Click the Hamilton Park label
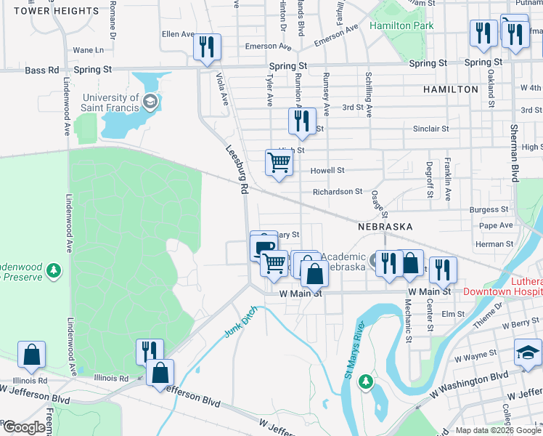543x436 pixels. point(401,25)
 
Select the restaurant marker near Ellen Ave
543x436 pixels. point(207,48)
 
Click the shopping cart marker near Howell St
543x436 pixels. point(279,163)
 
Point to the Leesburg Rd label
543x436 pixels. point(237,169)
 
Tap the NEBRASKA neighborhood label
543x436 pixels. point(385,227)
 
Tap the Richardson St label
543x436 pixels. point(338,192)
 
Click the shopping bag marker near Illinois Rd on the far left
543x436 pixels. point(33,355)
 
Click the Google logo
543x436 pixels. point(23,428)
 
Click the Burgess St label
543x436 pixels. point(483,209)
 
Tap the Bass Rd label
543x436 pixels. point(41,70)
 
